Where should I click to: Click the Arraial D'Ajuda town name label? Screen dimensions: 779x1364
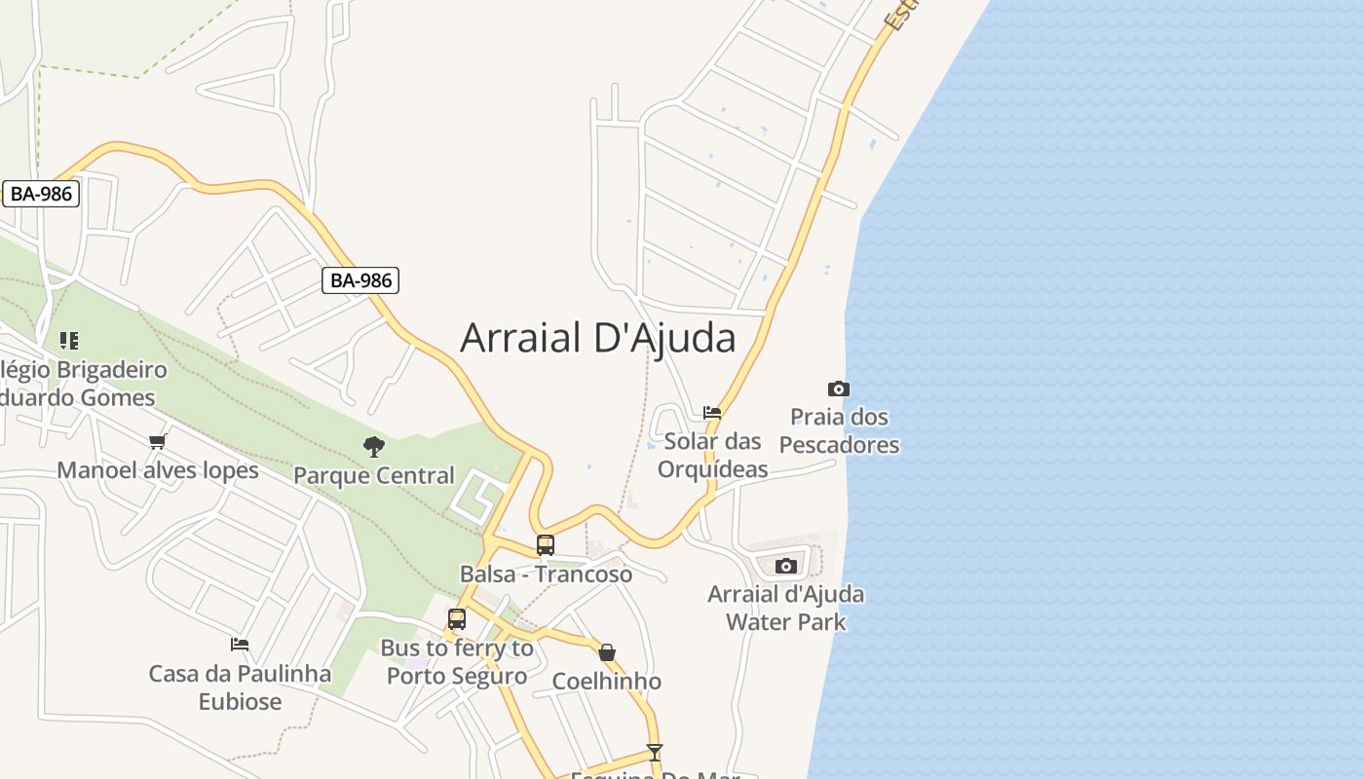597,338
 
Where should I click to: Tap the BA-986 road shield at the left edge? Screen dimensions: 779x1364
41,194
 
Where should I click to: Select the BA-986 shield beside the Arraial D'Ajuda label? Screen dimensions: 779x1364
360,280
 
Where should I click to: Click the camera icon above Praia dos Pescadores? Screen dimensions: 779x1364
838,389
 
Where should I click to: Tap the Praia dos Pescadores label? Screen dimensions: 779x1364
839,430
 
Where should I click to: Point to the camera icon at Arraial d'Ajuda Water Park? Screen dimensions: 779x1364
785,566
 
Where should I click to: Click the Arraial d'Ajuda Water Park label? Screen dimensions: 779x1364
785,608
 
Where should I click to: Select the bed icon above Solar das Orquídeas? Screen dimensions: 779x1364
712,413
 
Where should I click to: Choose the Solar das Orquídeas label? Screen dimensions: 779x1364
712,455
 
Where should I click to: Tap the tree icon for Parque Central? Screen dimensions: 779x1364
373,447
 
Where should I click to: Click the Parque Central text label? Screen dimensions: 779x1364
374,475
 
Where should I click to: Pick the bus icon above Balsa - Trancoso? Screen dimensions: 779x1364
546,545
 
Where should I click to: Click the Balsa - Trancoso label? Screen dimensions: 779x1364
546,574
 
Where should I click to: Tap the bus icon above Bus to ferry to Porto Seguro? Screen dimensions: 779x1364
457,619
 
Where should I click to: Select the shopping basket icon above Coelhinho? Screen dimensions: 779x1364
607,652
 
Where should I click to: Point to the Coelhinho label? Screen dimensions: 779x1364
607,681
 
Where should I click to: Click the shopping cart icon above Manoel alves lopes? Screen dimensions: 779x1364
158,442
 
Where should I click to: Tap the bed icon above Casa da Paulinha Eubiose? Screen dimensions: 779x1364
240,645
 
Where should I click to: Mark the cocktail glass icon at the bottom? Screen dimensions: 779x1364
655,753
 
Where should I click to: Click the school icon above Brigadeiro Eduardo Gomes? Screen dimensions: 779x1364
68,341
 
